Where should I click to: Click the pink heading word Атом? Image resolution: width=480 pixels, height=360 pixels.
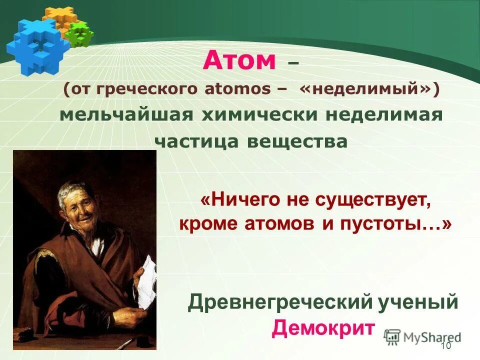pyautogui.click(x=239, y=61)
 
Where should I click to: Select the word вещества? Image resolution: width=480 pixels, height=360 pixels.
pyautogui.click(x=297, y=141)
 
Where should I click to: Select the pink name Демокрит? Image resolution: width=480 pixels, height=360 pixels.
pyautogui.click(x=323, y=328)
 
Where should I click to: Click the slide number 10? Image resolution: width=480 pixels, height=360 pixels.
pyautogui.click(x=446, y=346)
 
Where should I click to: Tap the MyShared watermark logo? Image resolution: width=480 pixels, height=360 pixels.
pyautogui.click(x=423, y=337)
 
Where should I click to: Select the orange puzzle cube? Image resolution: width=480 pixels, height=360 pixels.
pyautogui.click(x=58, y=17)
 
